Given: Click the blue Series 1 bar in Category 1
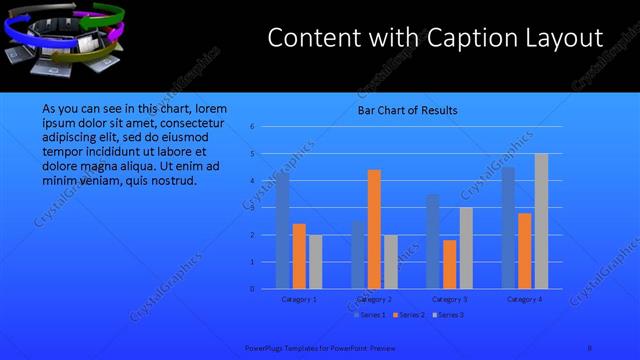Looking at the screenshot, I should pyautogui.click(x=283, y=232).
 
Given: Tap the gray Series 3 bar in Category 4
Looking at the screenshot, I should pyautogui.click(x=541, y=222).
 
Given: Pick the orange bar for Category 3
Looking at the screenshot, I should pyautogui.click(x=449, y=265).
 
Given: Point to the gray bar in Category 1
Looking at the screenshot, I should pyautogui.click(x=315, y=262).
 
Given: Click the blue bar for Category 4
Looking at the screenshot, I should pyautogui.click(x=508, y=228).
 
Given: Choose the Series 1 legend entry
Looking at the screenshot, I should pyautogui.click(x=370, y=315).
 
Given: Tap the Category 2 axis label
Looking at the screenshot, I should pyautogui.click(x=373, y=299).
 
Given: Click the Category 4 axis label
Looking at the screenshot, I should pyautogui.click(x=524, y=299).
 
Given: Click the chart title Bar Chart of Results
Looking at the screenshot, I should pyautogui.click(x=408, y=110).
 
